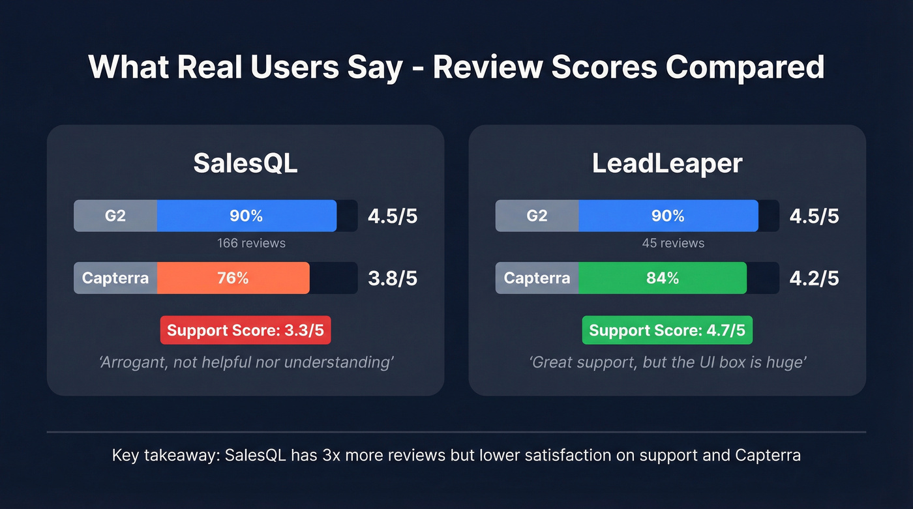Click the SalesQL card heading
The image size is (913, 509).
245,164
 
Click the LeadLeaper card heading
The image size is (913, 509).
667,164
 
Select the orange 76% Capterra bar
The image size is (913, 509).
233,278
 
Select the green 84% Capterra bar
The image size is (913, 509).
662,278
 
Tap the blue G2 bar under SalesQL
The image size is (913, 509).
246,216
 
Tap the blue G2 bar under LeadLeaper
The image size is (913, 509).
668,216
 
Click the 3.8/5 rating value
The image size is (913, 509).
393,278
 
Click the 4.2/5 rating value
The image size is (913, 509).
814,278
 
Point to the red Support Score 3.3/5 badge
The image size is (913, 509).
245,330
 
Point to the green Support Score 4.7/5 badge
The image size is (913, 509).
667,330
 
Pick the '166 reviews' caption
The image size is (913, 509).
251,243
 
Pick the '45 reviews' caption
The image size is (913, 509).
673,243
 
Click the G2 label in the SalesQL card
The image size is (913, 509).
115,216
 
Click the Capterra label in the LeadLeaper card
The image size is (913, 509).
537,278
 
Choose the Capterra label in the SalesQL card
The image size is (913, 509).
115,278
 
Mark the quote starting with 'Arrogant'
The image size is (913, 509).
246,362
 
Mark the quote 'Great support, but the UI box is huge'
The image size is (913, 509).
667,362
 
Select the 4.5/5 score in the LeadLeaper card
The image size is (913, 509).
814,216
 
